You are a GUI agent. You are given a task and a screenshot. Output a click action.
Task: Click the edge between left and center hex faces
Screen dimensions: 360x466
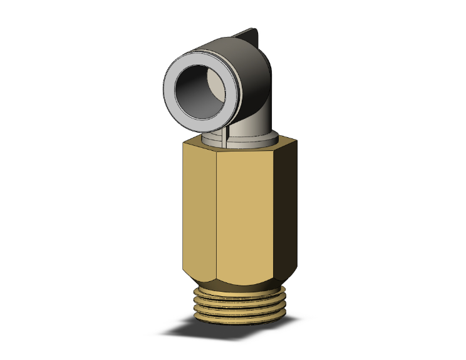tap(216, 213)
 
